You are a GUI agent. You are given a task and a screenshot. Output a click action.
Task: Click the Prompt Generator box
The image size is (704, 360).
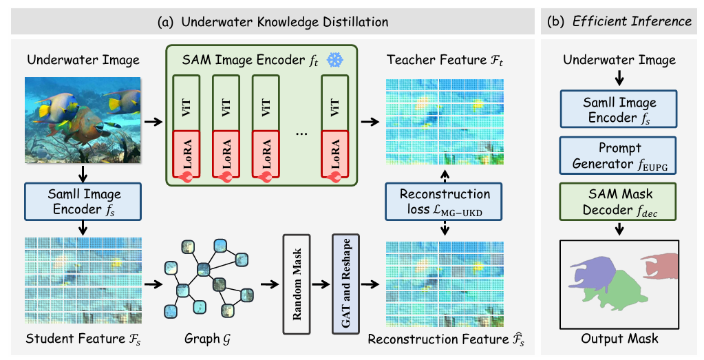click(619, 156)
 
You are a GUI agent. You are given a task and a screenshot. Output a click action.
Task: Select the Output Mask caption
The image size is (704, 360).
click(619, 338)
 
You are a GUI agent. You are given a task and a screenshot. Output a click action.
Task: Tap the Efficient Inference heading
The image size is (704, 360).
click(619, 21)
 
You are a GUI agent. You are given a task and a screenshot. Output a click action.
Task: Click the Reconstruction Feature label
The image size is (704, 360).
click(445, 339)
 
